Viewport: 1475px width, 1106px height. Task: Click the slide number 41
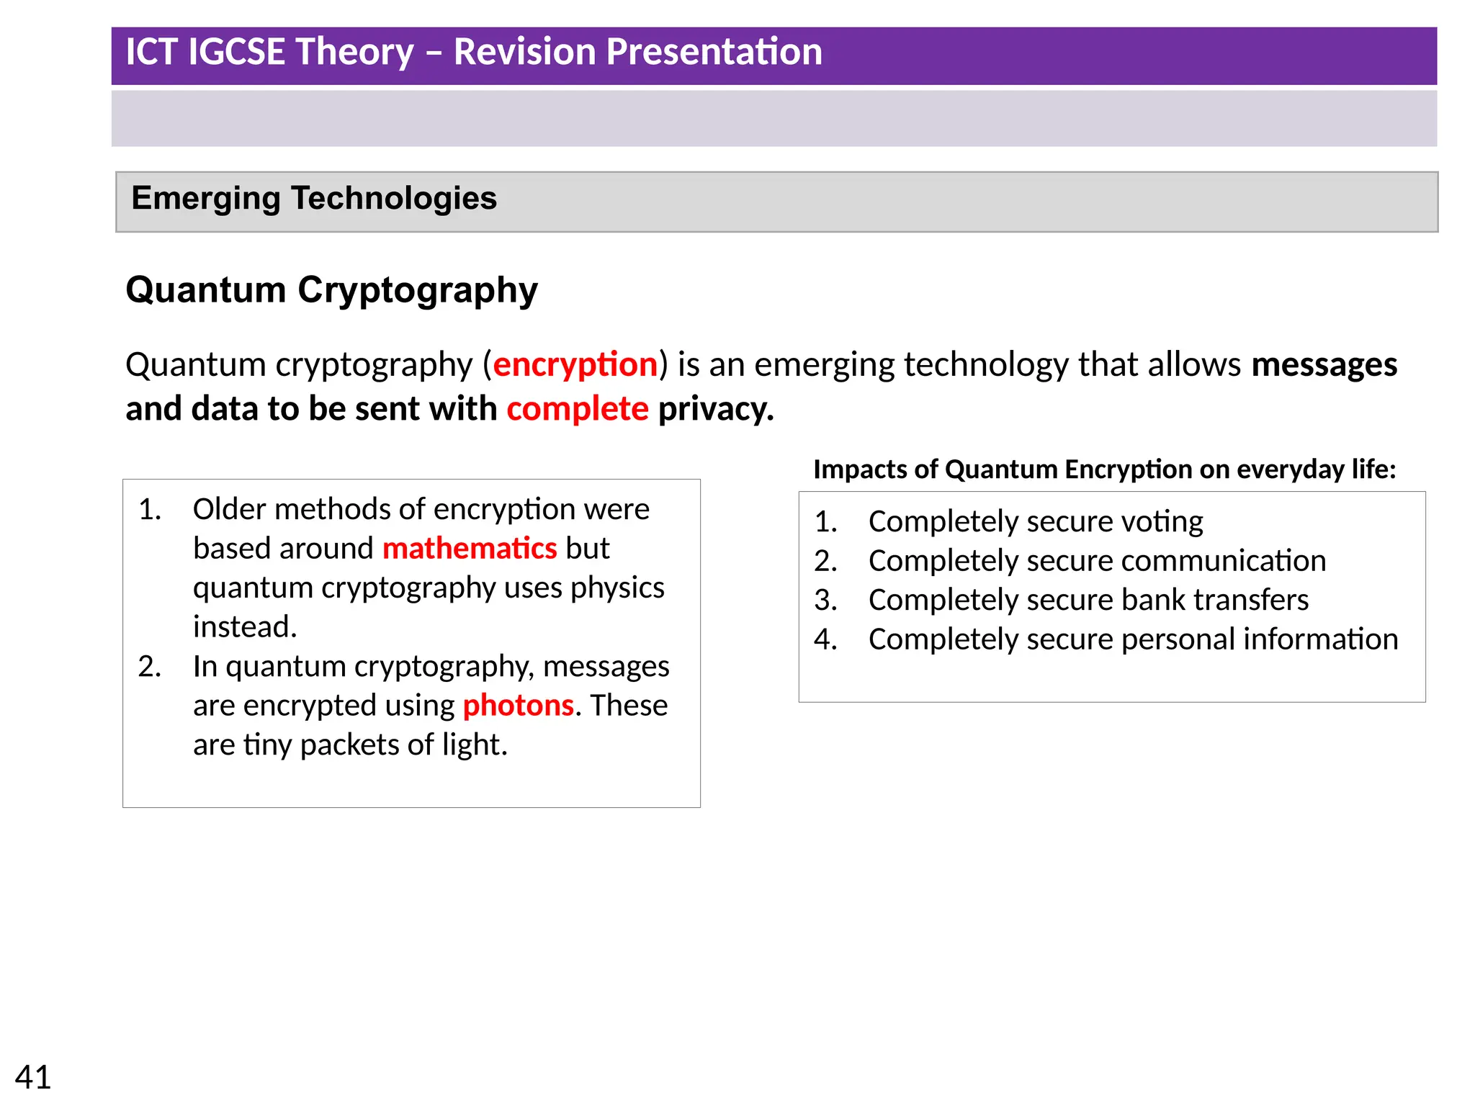33,1077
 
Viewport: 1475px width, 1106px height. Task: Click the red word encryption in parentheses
575,364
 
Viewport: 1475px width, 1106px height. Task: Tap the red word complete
577,409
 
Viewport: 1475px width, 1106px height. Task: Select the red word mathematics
469,549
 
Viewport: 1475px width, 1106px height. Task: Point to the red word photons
518,706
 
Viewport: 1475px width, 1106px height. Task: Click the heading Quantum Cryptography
331,290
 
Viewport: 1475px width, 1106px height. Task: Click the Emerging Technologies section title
314,199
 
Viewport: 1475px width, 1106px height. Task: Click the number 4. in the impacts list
825,639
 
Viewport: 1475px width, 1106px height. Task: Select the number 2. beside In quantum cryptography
150,667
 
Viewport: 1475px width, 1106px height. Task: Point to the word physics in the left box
617,588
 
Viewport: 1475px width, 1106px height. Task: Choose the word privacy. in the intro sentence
716,409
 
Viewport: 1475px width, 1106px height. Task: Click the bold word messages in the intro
1324,364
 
